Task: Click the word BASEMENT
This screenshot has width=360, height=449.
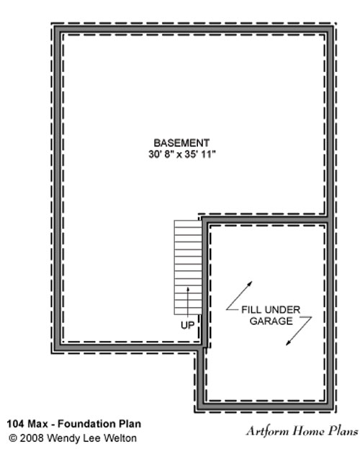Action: tap(181, 143)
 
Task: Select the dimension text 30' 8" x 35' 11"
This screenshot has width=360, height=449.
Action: tap(181, 154)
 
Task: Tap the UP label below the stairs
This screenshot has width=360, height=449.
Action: tap(187, 325)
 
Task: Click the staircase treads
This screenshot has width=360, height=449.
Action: tap(188, 267)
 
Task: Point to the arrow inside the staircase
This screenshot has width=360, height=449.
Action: tap(188, 301)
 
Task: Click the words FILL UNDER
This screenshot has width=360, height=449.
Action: tap(271, 310)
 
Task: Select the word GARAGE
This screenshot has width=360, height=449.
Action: tap(271, 321)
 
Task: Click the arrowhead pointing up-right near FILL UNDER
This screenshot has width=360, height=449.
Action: tap(250, 284)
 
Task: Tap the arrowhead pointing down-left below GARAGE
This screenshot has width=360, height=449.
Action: tap(289, 342)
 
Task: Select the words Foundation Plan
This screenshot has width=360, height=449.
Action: tap(99, 424)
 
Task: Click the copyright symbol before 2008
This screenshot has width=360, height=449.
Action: tap(13, 438)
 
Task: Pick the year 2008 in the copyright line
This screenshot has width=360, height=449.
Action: tap(32, 438)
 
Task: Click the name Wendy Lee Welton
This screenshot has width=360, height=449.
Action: tap(91, 438)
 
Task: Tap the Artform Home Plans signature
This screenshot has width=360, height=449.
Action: tap(302, 431)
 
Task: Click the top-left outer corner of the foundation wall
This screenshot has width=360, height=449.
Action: tap(55, 26)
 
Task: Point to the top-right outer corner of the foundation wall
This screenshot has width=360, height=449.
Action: tap(333, 26)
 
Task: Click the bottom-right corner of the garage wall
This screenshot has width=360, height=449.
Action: tap(333, 409)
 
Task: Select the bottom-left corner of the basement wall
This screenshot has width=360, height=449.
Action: tap(55, 351)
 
